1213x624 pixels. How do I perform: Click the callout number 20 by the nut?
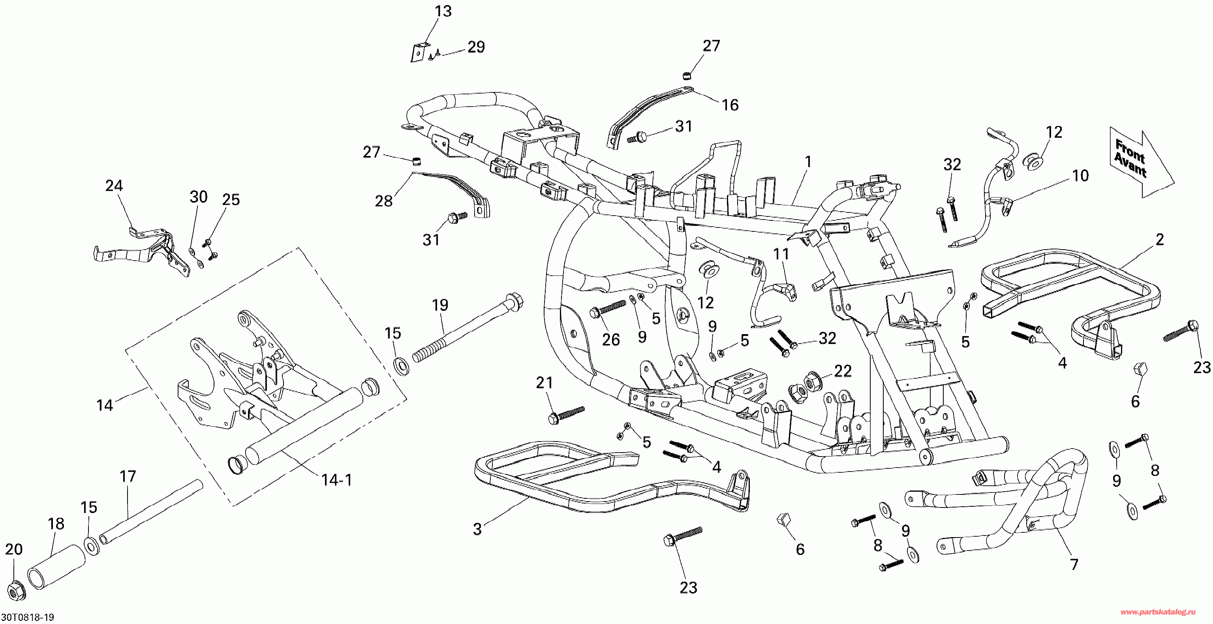pyautogui.click(x=14, y=549)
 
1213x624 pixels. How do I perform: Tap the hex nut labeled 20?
pyautogui.click(x=17, y=592)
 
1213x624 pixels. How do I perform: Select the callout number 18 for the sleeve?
pyautogui.click(x=56, y=524)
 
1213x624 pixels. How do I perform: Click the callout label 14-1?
pyautogui.click(x=337, y=480)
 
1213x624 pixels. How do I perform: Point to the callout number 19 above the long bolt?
pyautogui.click(x=440, y=305)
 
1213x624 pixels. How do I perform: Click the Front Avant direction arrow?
pyautogui.click(x=1140, y=162)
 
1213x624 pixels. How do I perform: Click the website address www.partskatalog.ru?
pyautogui.click(x=1157, y=612)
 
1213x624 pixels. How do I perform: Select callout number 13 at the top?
pyautogui.click(x=443, y=11)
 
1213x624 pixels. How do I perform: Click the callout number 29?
pyautogui.click(x=476, y=47)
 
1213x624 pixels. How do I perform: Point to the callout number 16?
pyautogui.click(x=730, y=105)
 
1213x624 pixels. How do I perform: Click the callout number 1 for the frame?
pyautogui.click(x=808, y=162)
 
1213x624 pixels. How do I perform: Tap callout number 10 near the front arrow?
pyautogui.click(x=1080, y=176)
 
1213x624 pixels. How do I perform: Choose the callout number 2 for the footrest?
pyautogui.click(x=1159, y=240)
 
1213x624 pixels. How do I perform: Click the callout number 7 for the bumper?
pyautogui.click(x=1074, y=564)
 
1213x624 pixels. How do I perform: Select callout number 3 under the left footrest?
pyautogui.click(x=477, y=529)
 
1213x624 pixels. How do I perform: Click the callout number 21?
pyautogui.click(x=545, y=383)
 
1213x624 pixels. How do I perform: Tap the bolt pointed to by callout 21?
pyautogui.click(x=567, y=414)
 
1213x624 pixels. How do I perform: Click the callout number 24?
pyautogui.click(x=114, y=186)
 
